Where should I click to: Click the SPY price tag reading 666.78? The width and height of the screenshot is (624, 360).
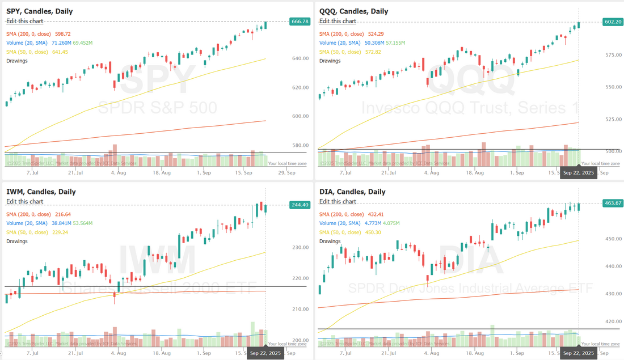[300, 22]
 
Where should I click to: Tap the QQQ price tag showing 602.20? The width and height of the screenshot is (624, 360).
[612, 22]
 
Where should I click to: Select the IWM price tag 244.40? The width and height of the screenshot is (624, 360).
[300, 205]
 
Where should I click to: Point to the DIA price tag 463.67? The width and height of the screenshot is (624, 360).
[612, 203]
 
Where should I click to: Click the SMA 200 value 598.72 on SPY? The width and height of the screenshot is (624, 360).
[62, 34]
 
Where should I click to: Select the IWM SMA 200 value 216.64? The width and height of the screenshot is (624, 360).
[62, 214]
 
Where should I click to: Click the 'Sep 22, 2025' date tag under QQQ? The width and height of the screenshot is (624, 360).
[578, 173]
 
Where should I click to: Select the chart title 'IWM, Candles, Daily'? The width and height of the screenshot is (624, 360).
[41, 192]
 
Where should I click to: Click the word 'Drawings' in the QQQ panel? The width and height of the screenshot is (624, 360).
[330, 61]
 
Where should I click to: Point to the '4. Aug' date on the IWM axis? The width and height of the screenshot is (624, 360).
[119, 352]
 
